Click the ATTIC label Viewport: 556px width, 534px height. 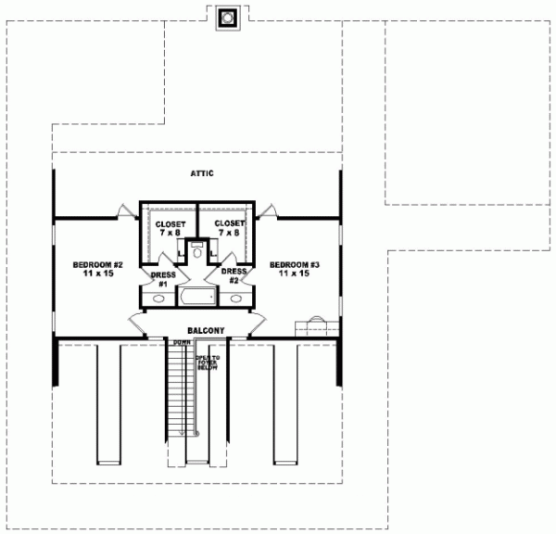pos(203,173)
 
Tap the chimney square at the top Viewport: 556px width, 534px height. pos(227,18)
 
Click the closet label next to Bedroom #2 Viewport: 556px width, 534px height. pos(171,227)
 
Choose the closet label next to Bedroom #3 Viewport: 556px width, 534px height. pos(229,227)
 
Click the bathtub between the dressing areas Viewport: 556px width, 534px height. pos(196,298)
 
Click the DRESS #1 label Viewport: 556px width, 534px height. pos(161,278)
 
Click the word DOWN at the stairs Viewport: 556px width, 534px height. pos(182,343)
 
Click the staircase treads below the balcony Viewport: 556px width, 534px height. pos(176,399)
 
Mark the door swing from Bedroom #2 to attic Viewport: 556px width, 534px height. pos(124,211)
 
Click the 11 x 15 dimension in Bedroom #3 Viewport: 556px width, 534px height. pos(295,274)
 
